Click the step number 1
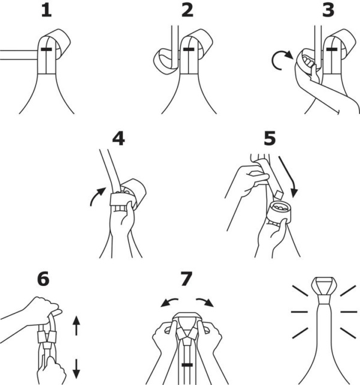pyautogui.click(x=47, y=11)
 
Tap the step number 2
pyautogui.click(x=187, y=11)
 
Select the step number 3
pyautogui.click(x=328, y=11)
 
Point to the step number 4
pyautogui.click(x=118, y=139)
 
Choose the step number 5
pyautogui.click(x=269, y=139)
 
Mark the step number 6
pyautogui.click(x=43, y=279)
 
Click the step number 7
pyautogui.click(x=186, y=279)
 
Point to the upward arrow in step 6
pyautogui.click(x=76, y=326)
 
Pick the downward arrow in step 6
pyautogui.click(x=76, y=369)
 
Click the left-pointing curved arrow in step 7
pyautogui.click(x=169, y=302)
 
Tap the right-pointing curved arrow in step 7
pyautogui.click(x=205, y=302)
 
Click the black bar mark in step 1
pyautogui.click(x=46, y=49)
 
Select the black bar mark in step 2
pyautogui.click(x=189, y=49)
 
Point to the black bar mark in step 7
pyautogui.click(x=187, y=365)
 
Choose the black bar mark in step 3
pyautogui.click(x=332, y=49)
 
